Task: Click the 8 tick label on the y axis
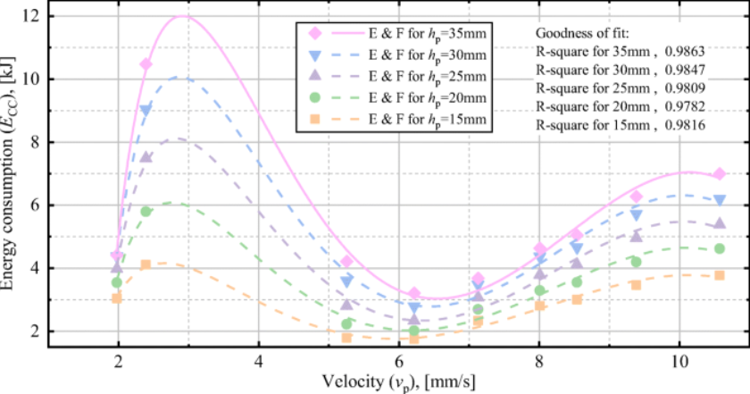point(35,141)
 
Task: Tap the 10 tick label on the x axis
point(679,364)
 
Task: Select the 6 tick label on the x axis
point(399,364)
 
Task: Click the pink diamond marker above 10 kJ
point(146,64)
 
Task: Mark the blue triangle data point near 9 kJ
point(146,110)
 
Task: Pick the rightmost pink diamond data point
point(720,173)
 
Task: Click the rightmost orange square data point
point(720,275)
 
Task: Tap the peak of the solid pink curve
point(184,15)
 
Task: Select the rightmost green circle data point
point(720,248)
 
